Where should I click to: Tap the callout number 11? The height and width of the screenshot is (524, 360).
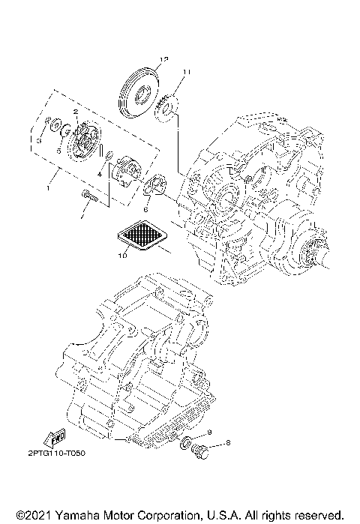tap(186, 73)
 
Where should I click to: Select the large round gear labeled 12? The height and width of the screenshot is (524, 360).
tap(141, 93)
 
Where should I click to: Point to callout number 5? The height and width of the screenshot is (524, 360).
tap(58, 149)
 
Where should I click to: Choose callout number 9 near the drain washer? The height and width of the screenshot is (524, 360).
tap(210, 432)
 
